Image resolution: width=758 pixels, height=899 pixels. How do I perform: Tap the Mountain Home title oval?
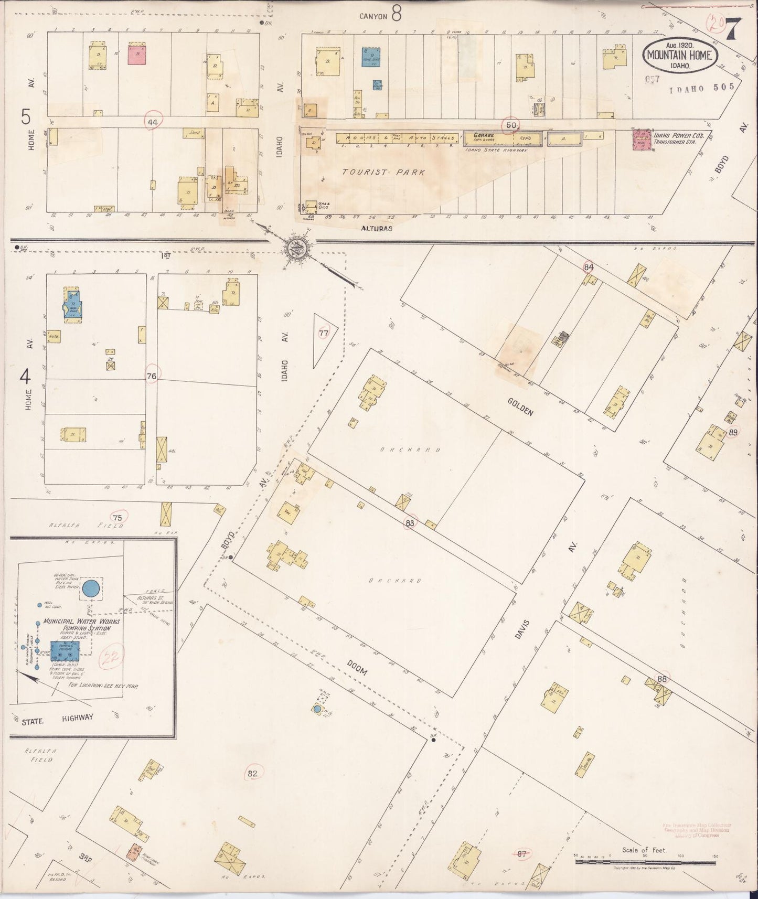pos(679,56)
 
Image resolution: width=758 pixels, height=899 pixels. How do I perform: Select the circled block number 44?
pos(153,122)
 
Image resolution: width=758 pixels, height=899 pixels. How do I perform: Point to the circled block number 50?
pos(510,125)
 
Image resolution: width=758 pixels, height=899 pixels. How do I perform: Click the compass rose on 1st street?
pos(300,247)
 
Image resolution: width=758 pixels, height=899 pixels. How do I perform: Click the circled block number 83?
pos(410,522)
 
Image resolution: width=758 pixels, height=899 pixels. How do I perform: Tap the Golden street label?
pos(520,406)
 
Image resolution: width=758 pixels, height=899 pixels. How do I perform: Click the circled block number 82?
pos(253,773)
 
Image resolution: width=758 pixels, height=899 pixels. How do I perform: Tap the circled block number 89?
pos(734,432)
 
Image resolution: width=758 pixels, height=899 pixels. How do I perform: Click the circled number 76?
pos(152,376)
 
